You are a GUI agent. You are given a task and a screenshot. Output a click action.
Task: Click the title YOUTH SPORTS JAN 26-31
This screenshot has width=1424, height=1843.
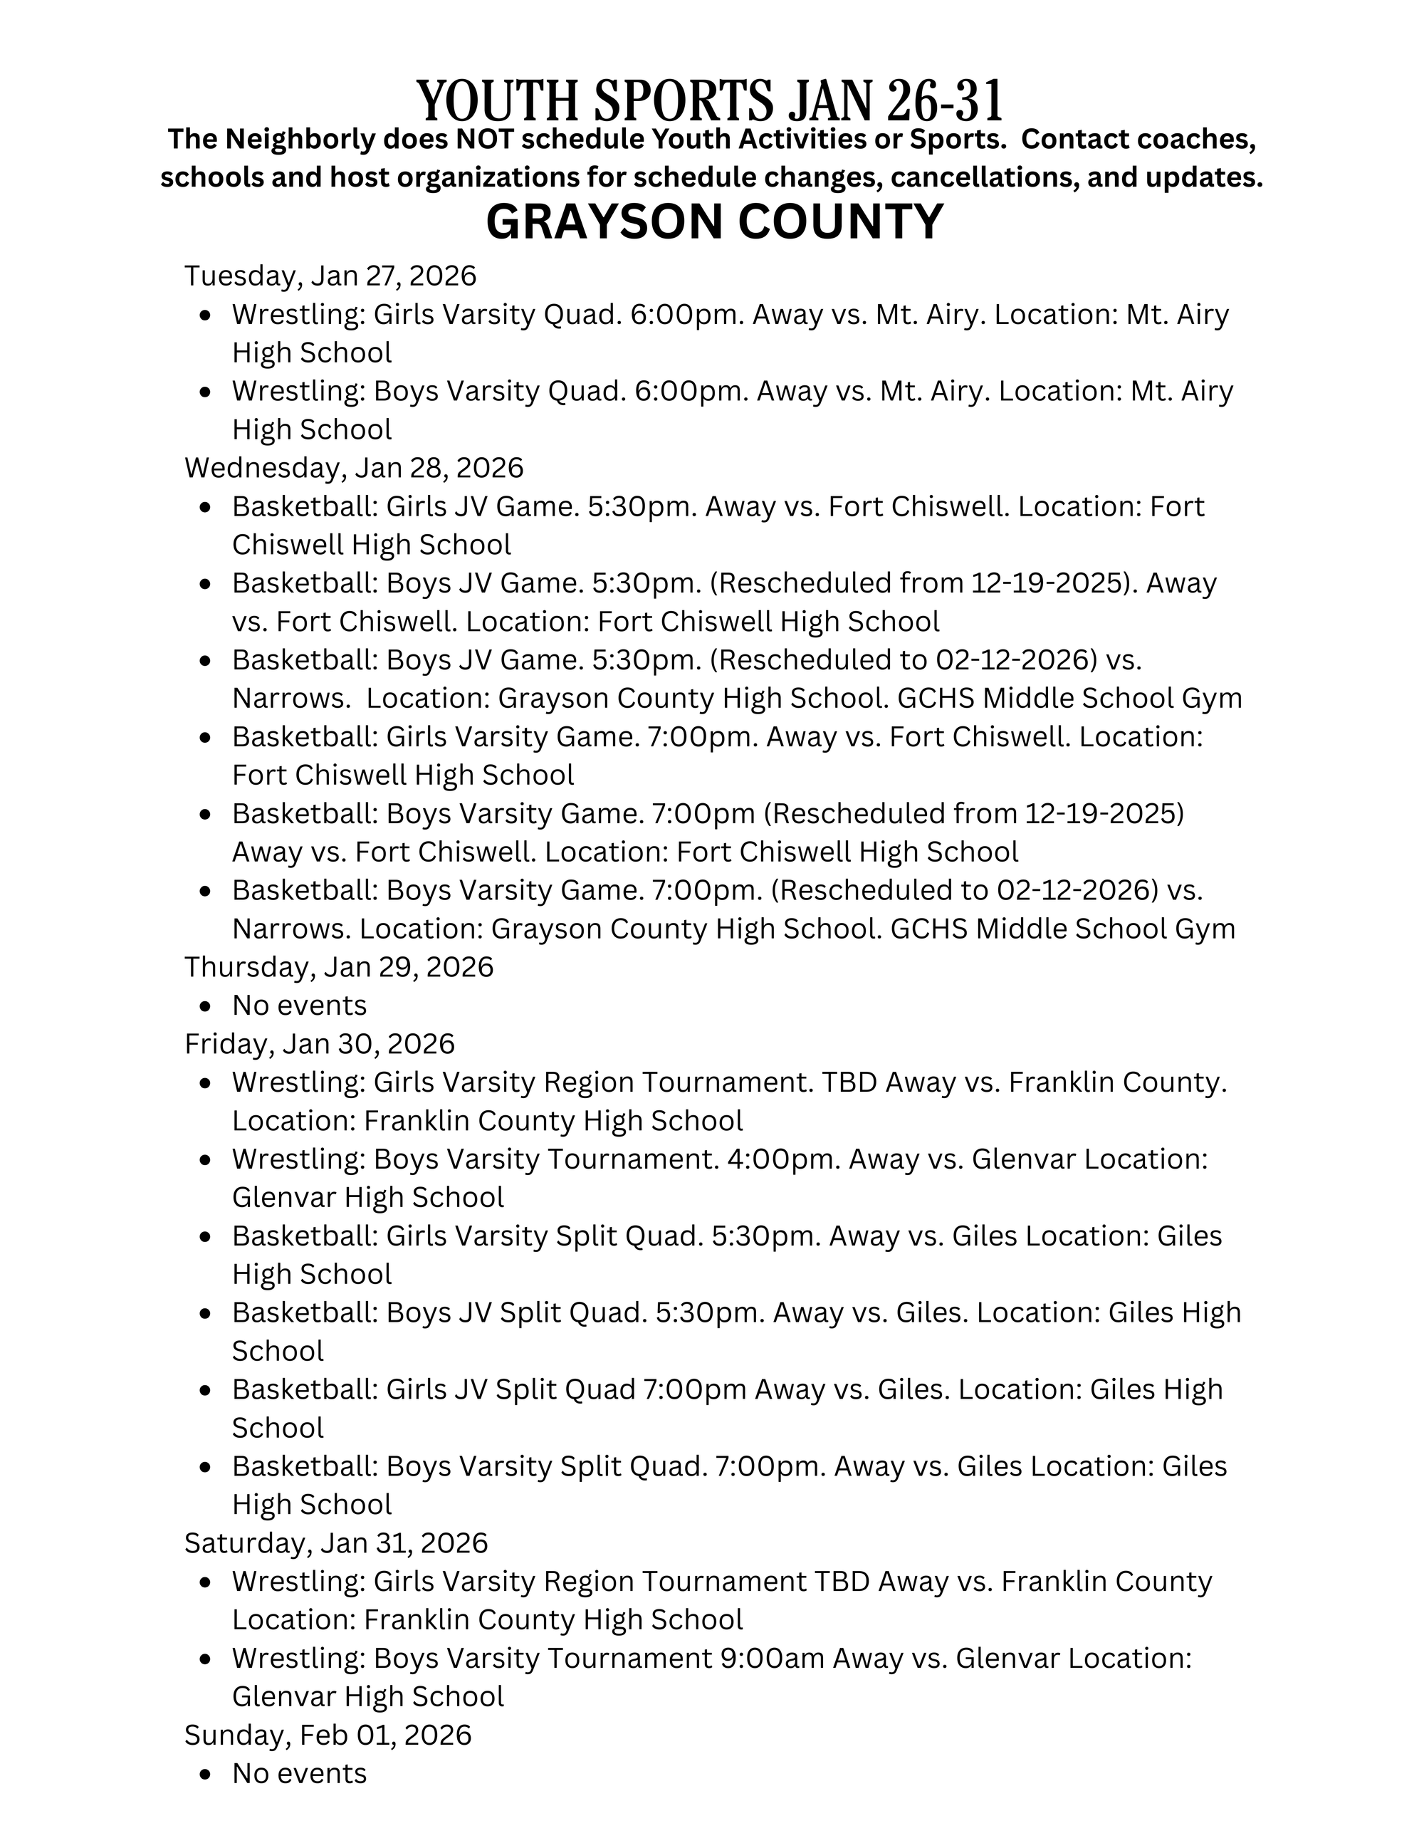coord(711,100)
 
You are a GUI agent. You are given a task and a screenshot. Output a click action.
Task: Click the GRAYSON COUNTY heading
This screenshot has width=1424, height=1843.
coord(715,222)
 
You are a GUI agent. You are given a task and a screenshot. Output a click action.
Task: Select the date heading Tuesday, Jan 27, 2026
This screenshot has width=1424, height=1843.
coord(330,276)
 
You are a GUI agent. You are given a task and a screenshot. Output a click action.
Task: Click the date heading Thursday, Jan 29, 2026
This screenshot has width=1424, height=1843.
coord(338,966)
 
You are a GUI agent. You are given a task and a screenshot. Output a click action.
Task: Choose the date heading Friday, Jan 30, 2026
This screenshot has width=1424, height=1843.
coord(319,1044)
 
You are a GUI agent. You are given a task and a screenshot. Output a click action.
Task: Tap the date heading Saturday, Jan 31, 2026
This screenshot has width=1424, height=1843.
coord(336,1542)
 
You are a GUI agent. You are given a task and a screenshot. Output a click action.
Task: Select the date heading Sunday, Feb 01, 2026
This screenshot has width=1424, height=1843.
coord(328,1735)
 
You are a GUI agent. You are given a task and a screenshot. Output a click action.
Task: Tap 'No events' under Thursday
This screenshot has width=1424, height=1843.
coord(300,1005)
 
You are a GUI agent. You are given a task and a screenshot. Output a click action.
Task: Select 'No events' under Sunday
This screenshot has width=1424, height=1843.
coord(300,1773)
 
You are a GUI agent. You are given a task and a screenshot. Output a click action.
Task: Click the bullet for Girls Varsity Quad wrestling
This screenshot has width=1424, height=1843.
coord(206,315)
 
